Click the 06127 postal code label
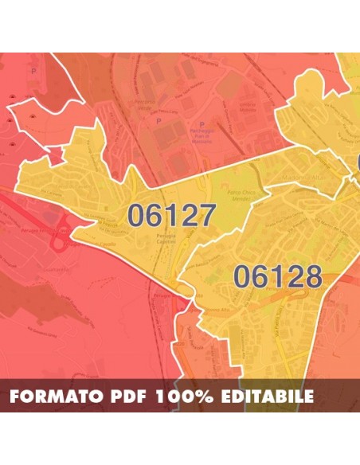pyautogui.click(x=171, y=215)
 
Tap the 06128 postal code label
pyautogui.click(x=277, y=277)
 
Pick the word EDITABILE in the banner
pyautogui.click(x=268, y=396)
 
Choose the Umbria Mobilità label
pyautogui.click(x=247, y=106)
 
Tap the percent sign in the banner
pyautogui.click(x=207, y=396)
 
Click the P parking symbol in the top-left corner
pyautogui.click(x=33, y=70)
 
